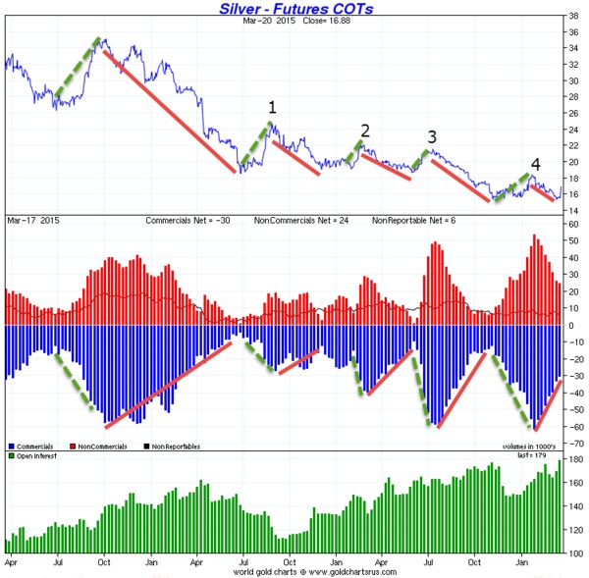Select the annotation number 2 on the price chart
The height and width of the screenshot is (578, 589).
(x=365, y=131)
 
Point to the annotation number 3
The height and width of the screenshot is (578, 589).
(x=431, y=136)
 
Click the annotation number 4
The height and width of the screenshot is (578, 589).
(x=535, y=164)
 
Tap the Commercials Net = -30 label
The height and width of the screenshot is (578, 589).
(x=188, y=220)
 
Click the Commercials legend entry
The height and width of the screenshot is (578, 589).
(x=33, y=447)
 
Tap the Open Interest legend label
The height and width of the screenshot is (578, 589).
(x=36, y=456)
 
